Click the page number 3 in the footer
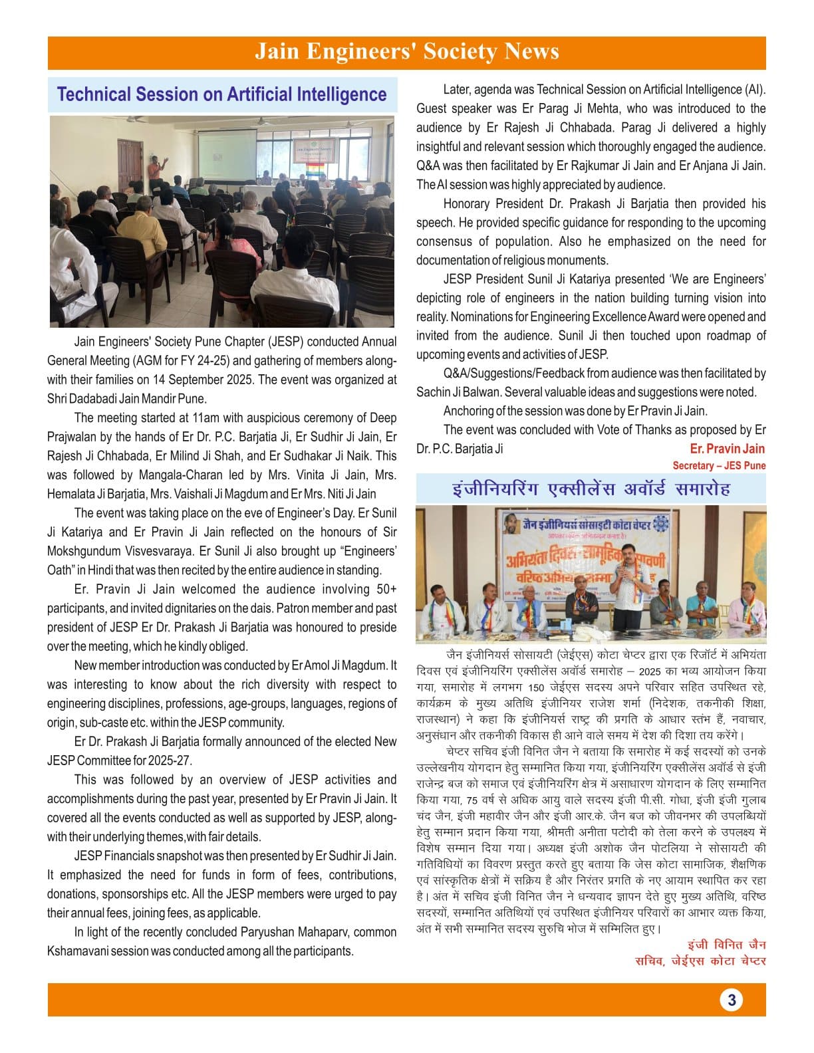[x=731, y=1000]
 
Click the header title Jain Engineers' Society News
[x=407, y=52]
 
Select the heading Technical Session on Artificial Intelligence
[x=221, y=94]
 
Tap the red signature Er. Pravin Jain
[x=727, y=449]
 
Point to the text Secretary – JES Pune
[x=719, y=465]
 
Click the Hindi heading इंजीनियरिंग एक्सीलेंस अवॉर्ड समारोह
[x=591, y=489]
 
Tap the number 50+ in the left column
[x=386, y=589]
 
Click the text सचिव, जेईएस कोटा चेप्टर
[x=700, y=961]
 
